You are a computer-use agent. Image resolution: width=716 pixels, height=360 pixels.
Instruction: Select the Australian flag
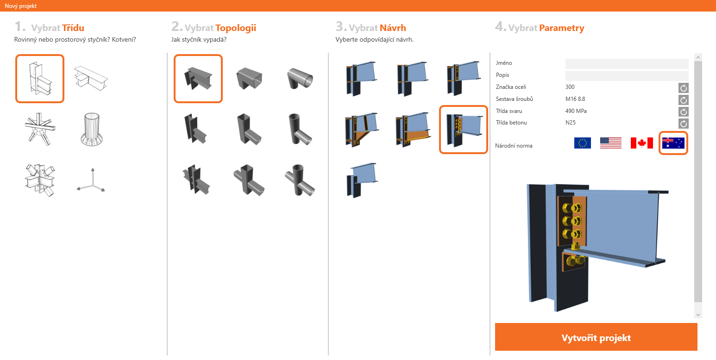673,143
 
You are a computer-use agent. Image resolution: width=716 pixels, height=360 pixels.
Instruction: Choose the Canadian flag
641,143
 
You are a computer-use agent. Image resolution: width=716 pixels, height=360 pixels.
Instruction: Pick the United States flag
611,143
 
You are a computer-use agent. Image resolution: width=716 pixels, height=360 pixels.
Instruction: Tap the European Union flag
583,143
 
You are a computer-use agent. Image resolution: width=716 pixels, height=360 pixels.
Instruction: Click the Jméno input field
627,63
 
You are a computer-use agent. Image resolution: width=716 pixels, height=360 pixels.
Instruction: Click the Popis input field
627,75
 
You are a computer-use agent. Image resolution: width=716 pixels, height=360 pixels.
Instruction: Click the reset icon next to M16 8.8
684,99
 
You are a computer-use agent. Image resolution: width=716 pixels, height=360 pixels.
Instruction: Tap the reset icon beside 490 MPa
684,112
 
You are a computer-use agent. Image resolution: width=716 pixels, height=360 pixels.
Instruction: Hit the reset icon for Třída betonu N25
684,123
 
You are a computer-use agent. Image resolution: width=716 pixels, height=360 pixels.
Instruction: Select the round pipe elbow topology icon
300,79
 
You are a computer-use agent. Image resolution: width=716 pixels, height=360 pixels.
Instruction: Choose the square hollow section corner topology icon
249,78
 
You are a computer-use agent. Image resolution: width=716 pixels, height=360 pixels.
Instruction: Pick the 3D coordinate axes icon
91,180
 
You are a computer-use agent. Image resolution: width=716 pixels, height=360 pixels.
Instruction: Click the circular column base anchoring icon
91,130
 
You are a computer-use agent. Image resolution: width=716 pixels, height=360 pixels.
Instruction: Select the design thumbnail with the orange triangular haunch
362,130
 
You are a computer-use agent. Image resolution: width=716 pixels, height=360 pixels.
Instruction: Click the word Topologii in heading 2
236,28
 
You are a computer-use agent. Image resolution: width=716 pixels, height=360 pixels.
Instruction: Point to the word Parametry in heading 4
562,28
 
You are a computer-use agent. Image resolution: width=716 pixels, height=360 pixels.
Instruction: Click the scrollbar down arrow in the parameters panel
698,315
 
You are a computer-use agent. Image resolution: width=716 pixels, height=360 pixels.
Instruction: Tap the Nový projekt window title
21,6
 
